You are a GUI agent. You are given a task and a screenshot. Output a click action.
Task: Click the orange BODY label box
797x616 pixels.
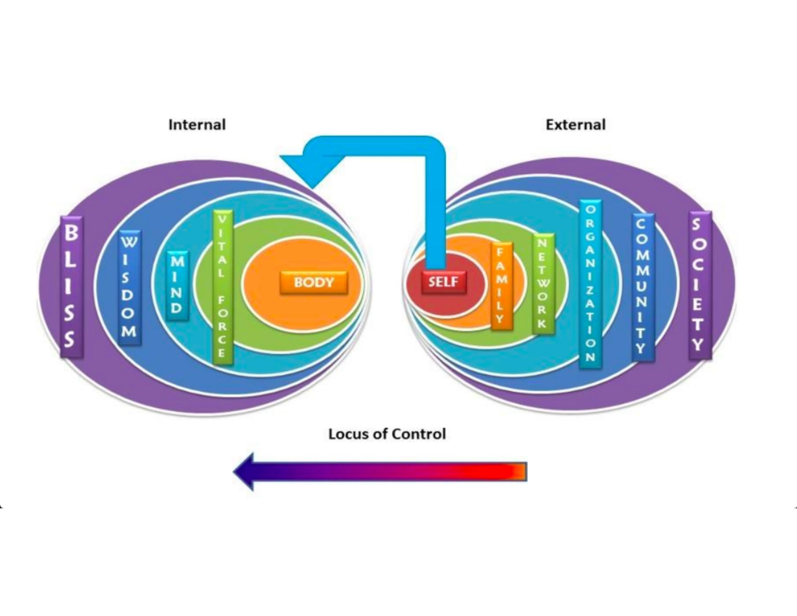pyautogui.click(x=314, y=282)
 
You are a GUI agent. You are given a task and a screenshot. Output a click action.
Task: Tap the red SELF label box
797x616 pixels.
pyautogui.click(x=444, y=282)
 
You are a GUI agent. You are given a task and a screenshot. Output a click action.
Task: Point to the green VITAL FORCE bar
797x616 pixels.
pyautogui.click(x=223, y=287)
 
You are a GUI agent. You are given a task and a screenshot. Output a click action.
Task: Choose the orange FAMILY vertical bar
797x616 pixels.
pyautogui.click(x=501, y=286)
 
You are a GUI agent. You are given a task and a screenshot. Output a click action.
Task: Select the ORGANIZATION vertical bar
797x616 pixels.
pyautogui.click(x=590, y=284)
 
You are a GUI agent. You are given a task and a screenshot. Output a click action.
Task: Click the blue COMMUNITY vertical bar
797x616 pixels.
pyautogui.click(x=643, y=287)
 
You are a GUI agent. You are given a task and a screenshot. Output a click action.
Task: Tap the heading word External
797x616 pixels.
pyautogui.click(x=575, y=125)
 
